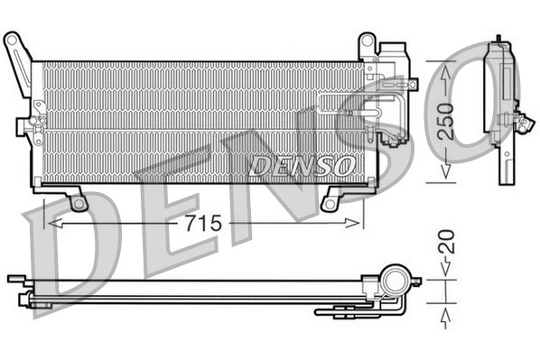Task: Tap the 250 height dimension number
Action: coord(445,117)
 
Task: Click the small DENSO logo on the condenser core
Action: coord(301,164)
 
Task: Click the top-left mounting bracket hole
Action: coord(13,40)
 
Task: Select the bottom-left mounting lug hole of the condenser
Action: coord(79,204)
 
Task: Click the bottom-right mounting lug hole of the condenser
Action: coord(332,202)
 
